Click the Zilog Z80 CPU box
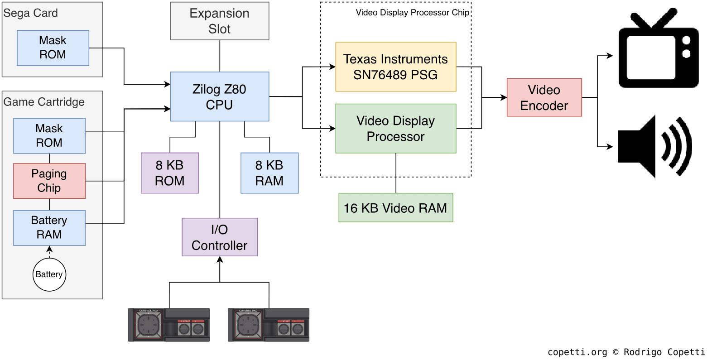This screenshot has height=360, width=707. [x=220, y=96]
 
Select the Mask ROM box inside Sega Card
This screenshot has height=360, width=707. [x=53, y=48]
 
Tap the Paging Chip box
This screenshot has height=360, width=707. [x=49, y=181]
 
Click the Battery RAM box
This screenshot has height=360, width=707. [x=49, y=228]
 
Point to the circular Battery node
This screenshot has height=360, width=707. [x=49, y=274]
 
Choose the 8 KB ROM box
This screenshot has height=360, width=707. [x=170, y=173]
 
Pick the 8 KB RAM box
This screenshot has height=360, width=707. [x=269, y=173]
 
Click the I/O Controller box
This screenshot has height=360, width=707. [x=220, y=237]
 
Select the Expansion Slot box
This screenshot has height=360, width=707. [x=220, y=21]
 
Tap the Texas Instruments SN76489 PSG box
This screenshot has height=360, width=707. [x=395, y=67]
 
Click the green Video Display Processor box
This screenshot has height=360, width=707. [x=395, y=129]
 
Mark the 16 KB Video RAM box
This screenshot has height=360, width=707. [x=395, y=208]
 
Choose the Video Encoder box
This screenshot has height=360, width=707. [x=544, y=97]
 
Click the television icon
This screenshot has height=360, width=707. [x=659, y=51]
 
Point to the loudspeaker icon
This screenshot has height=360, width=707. [x=654, y=146]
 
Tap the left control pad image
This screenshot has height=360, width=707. [x=169, y=325]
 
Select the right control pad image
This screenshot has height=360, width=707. [x=269, y=325]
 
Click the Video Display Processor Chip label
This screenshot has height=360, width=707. [x=413, y=13]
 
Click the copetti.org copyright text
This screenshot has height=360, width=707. [x=626, y=352]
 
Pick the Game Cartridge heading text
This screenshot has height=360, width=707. [x=44, y=102]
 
